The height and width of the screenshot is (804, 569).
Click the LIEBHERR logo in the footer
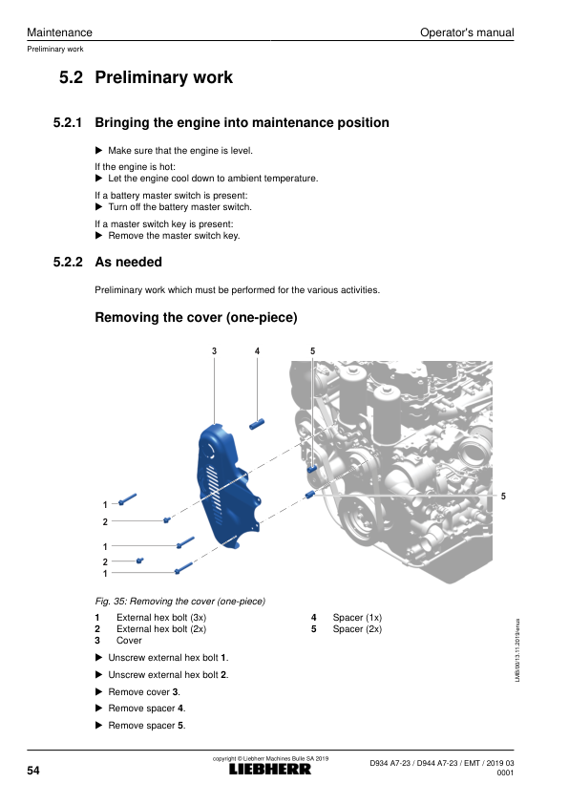(x=269, y=769)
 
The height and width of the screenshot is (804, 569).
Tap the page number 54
(x=33, y=771)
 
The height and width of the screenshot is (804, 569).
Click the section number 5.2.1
(x=68, y=122)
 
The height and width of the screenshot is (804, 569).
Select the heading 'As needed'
(x=129, y=262)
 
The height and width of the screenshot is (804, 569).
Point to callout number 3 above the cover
(x=214, y=351)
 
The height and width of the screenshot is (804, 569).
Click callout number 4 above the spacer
(x=258, y=351)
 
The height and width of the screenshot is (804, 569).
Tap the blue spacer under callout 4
(x=257, y=425)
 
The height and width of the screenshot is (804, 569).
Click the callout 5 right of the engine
(x=503, y=497)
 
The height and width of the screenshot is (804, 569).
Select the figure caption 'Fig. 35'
(x=179, y=601)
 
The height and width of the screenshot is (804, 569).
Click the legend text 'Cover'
(x=129, y=641)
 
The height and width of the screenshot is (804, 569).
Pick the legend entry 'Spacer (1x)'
(x=357, y=618)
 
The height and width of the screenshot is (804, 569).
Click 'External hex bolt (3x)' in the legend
(x=161, y=618)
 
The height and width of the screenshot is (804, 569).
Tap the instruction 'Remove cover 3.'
(x=144, y=691)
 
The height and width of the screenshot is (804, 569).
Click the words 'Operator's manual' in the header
(x=467, y=32)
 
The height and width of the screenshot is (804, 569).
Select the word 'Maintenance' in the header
(x=59, y=32)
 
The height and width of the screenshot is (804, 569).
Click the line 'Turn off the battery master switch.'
(x=179, y=207)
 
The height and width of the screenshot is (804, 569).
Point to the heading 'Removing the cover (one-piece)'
(x=197, y=317)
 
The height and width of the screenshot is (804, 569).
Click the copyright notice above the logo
(x=271, y=758)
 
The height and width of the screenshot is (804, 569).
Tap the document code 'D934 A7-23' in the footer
(x=390, y=763)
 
